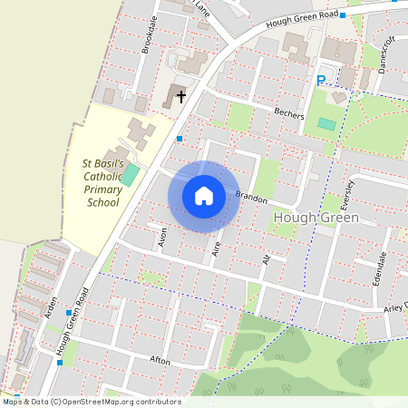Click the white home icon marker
[203, 196]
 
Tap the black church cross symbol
[180, 95]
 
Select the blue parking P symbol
[320, 81]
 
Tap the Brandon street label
[251, 196]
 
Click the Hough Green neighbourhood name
[316, 219]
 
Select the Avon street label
[162, 238]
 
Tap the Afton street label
[160, 360]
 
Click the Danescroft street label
[380, 53]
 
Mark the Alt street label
[266, 260]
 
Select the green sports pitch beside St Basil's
[131, 173]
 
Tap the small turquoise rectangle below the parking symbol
[326, 123]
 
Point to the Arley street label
[394, 306]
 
